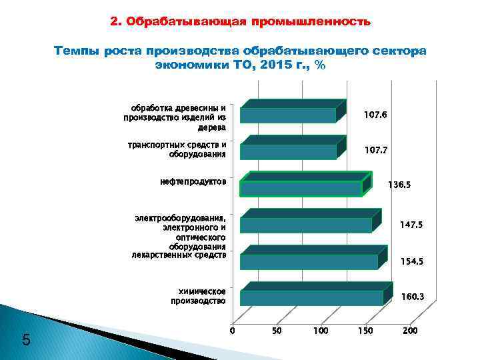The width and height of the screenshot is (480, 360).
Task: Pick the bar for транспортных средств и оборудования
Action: [x=289, y=151]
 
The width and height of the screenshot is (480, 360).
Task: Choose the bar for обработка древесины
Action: [x=288, y=115]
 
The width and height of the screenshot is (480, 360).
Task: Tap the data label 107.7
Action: [x=376, y=151]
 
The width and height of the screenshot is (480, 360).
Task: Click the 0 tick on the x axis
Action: [x=232, y=331]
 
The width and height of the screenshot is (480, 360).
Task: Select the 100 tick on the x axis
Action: [x=321, y=331]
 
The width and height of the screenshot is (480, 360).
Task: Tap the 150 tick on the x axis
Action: [x=365, y=331]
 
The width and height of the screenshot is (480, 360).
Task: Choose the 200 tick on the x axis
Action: [x=410, y=331]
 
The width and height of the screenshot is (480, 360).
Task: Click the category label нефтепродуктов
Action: [x=193, y=181]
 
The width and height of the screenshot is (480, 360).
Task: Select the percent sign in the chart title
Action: [x=321, y=65]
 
